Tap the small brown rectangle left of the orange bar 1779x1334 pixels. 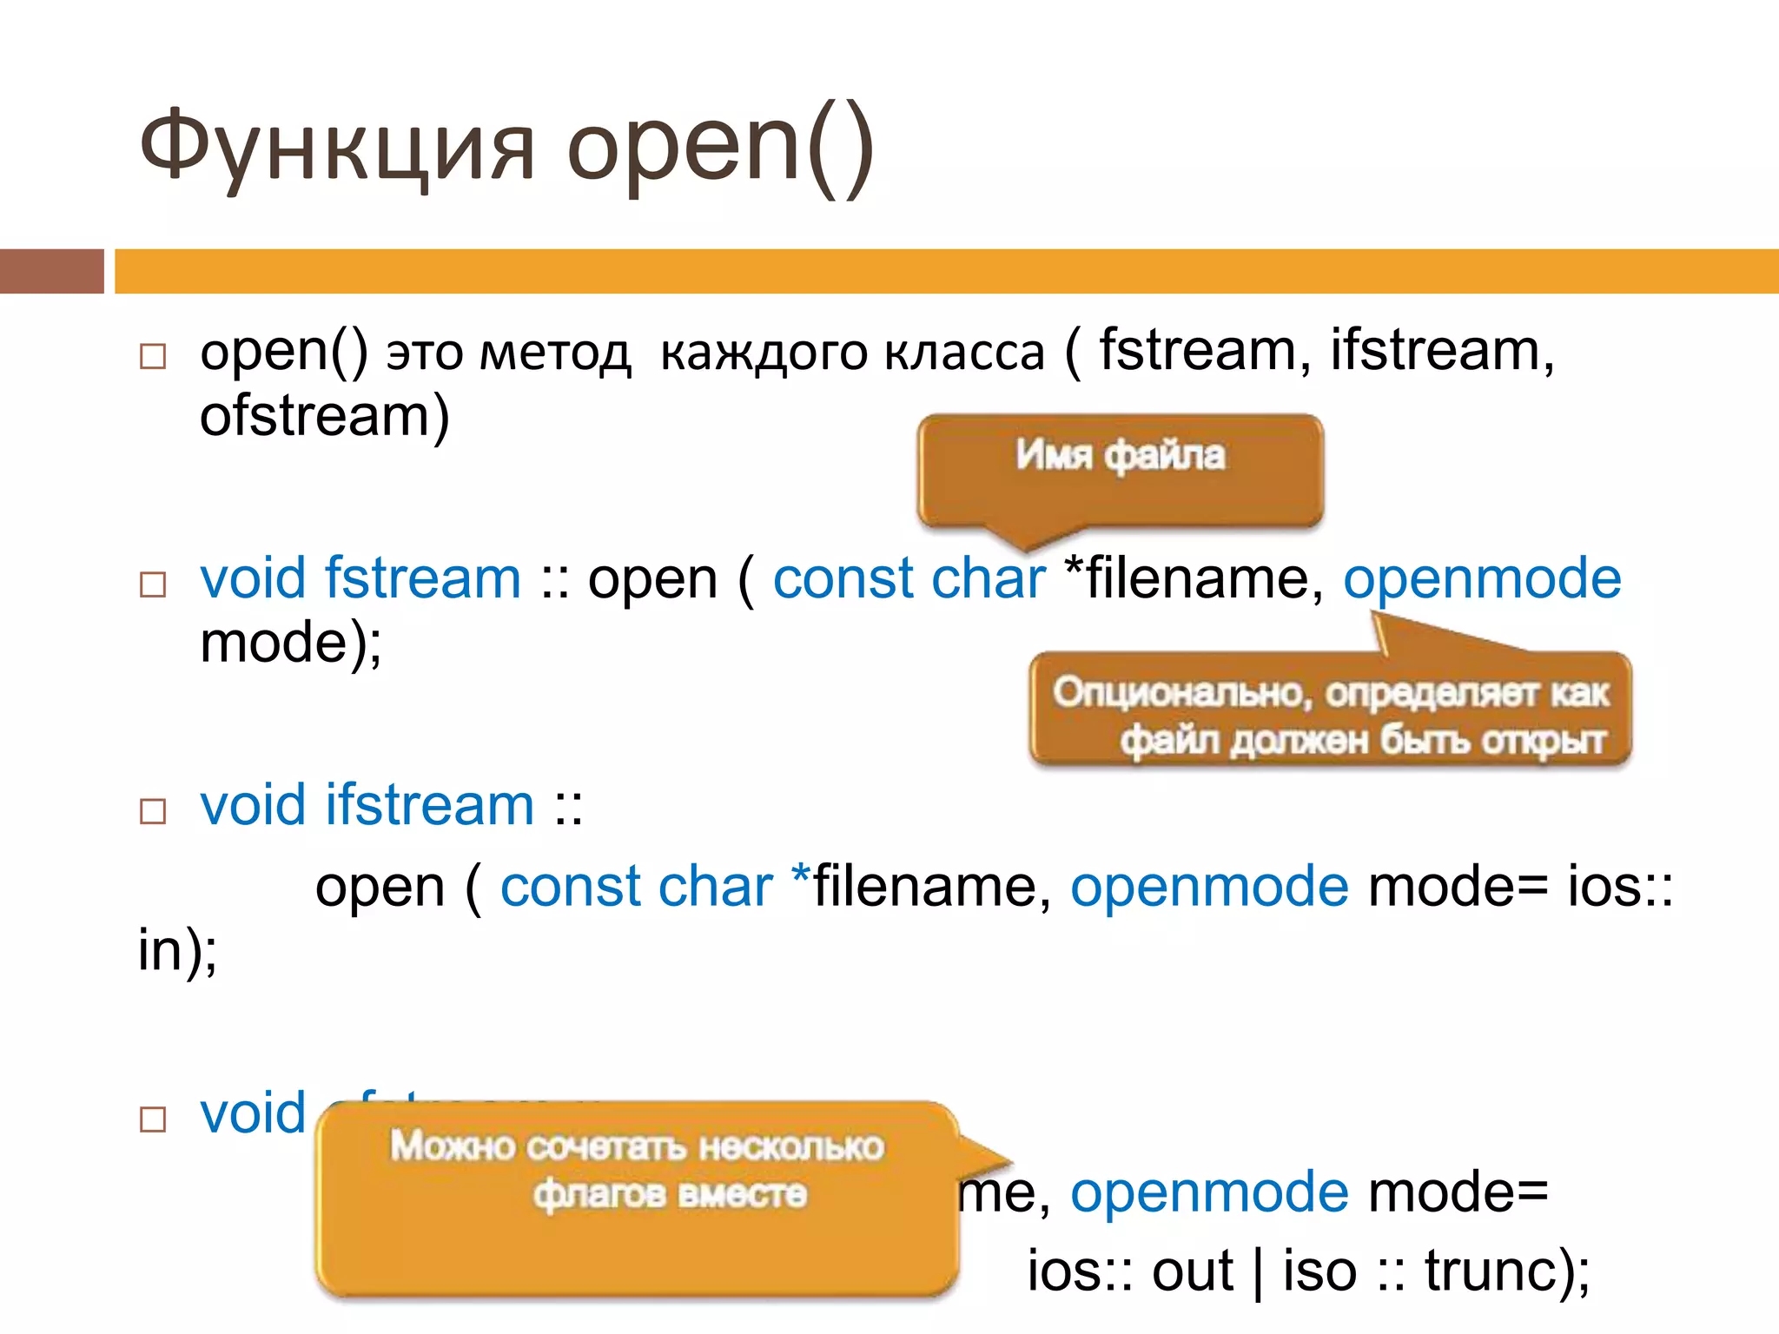[51, 271]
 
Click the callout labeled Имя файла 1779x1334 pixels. [1120, 469]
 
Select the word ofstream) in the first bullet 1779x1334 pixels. [324, 416]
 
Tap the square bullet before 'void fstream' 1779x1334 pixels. [153, 584]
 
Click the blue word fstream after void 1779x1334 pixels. [422, 578]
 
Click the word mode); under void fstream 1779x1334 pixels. [290, 644]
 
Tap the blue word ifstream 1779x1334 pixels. [429, 805]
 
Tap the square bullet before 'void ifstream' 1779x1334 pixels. [153, 811]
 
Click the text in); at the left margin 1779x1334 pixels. [177, 949]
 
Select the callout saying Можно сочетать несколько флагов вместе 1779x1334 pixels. [638, 1199]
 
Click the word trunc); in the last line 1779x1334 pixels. [1506, 1271]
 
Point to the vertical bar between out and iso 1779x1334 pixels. [1258, 1272]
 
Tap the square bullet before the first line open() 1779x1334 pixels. [153, 357]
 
